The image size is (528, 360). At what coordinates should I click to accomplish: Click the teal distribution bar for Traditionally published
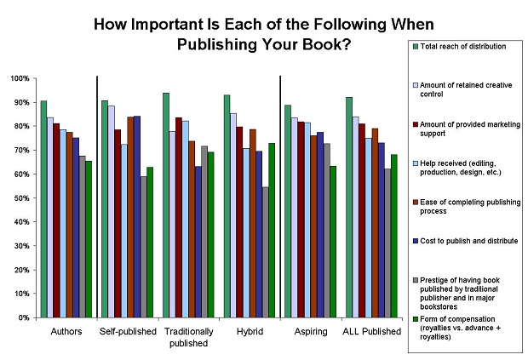[x=166, y=204]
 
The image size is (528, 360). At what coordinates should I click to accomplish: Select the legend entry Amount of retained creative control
[x=461, y=89]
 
